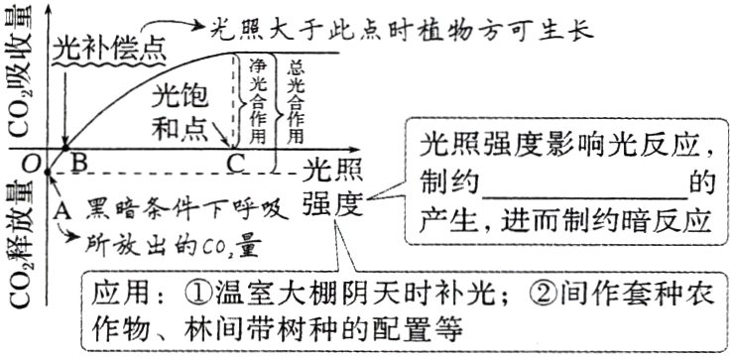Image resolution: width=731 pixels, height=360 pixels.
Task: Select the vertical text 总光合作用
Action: click(x=295, y=99)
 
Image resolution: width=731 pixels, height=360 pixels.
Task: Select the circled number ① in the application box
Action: click(x=194, y=295)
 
